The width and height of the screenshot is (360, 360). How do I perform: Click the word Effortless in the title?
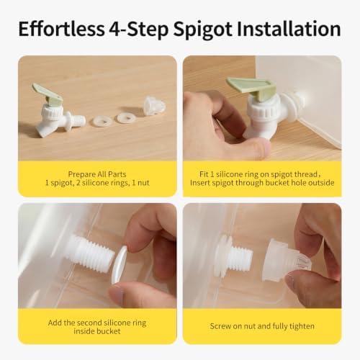click(61, 29)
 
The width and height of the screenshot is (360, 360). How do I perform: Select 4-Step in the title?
click(139, 30)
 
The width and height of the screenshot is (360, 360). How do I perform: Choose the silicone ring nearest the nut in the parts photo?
click(125, 118)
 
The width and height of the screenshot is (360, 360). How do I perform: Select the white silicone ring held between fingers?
click(120, 265)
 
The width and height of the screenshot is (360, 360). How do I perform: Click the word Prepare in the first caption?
click(82, 174)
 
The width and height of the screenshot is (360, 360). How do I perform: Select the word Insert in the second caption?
click(202, 183)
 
